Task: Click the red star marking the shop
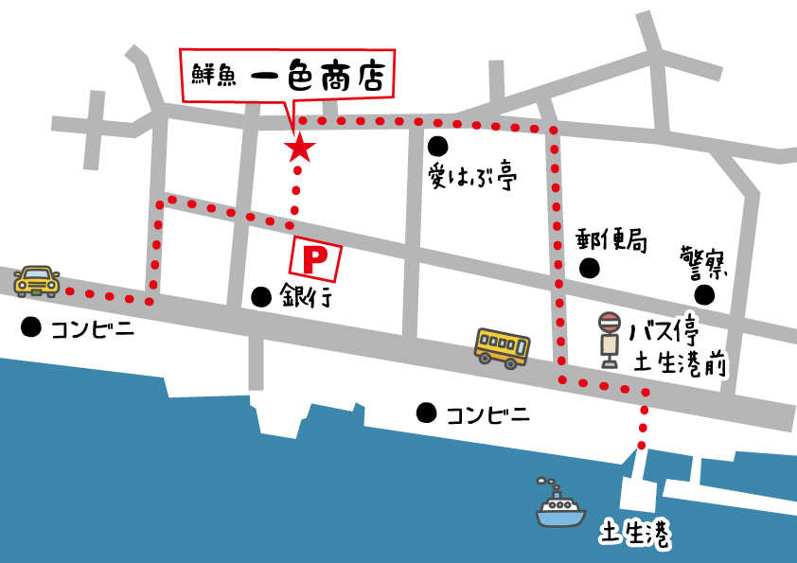tap(300, 147)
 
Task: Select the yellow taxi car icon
tap(37, 280)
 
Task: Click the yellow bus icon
tap(503, 347)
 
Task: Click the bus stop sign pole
tap(609, 340)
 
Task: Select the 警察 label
tap(704, 260)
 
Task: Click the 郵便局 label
tap(611, 240)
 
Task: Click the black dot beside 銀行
tap(260, 296)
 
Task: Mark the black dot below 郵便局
tap(590, 268)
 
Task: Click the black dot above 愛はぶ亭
tap(436, 146)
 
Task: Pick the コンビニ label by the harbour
tap(487, 413)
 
